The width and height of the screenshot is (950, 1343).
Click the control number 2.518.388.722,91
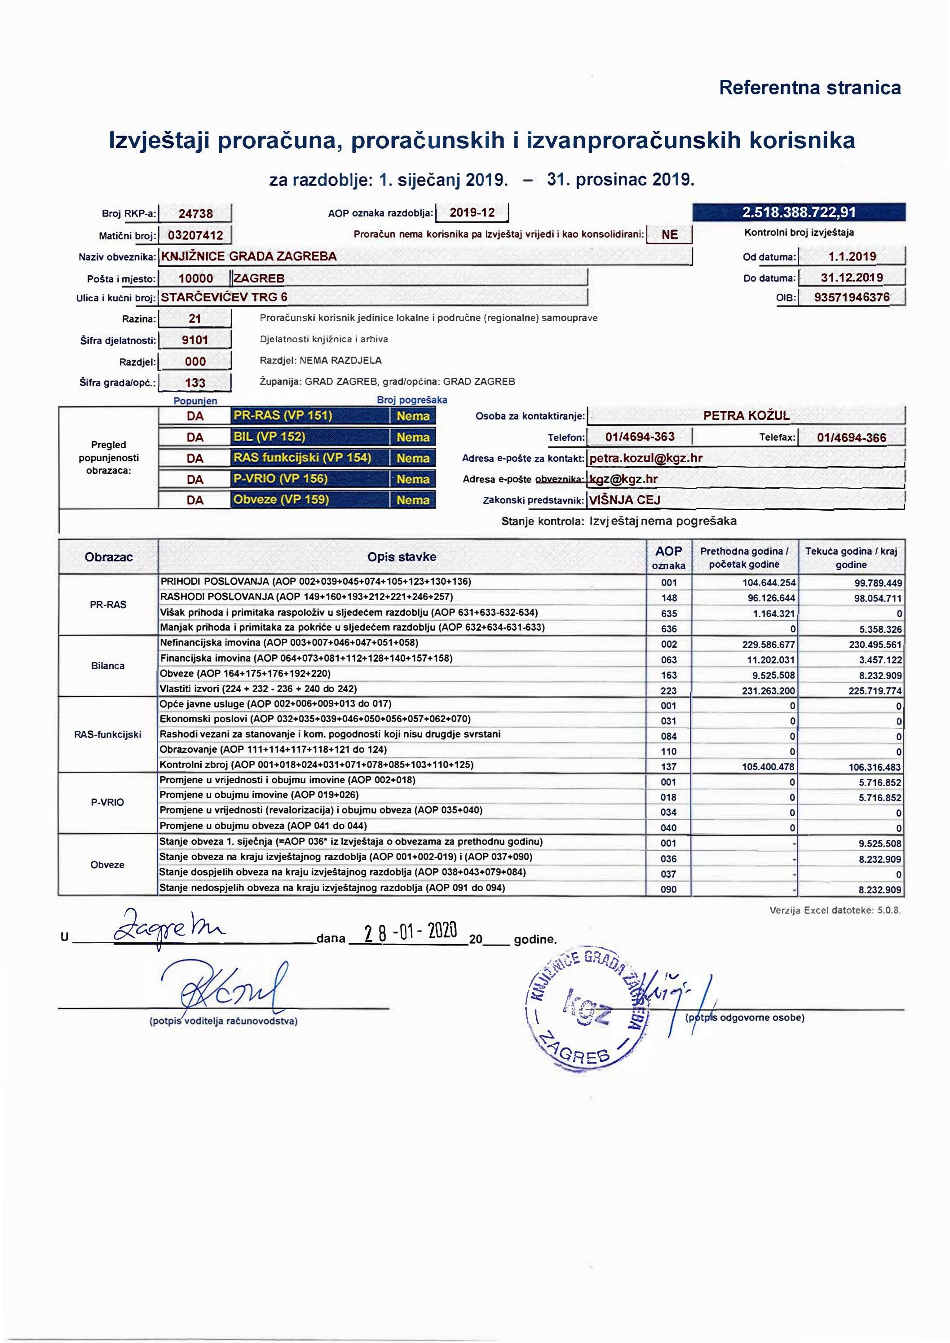pyautogui.click(x=799, y=212)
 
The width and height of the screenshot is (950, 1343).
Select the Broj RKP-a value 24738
pyautogui.click(x=195, y=214)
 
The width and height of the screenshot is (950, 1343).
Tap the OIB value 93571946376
pyautogui.click(x=852, y=297)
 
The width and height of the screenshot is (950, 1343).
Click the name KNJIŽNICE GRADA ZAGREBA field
pyautogui.click(x=425, y=256)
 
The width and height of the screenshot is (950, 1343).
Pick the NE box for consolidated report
pyautogui.click(x=669, y=234)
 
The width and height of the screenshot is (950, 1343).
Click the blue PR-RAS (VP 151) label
pyautogui.click(x=310, y=416)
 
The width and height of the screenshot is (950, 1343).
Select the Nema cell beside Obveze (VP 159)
pyautogui.click(x=413, y=500)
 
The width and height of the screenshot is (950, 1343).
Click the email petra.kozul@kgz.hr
pyautogui.click(x=646, y=458)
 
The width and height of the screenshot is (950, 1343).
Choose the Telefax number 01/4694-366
pyautogui.click(x=851, y=437)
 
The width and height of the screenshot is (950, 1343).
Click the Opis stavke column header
pyautogui.click(x=402, y=557)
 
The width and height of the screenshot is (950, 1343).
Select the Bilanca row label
pyautogui.click(x=108, y=666)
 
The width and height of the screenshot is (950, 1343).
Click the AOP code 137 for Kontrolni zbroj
pyautogui.click(x=669, y=767)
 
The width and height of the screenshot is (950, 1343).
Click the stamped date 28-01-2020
pyautogui.click(x=410, y=931)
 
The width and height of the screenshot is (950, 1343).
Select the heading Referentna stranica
pyautogui.click(x=809, y=88)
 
